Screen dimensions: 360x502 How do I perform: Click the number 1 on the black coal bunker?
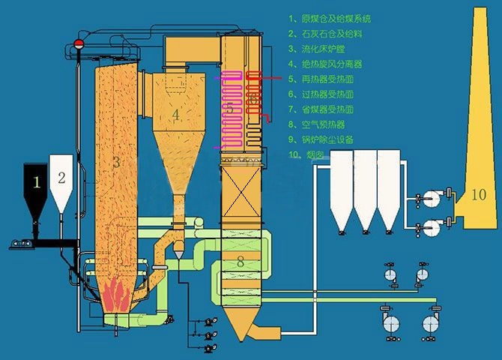coord(35,181)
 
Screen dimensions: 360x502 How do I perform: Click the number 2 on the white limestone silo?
coord(62,178)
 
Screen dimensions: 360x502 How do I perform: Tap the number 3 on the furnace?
coord(116,161)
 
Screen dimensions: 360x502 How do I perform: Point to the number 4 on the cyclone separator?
coord(175,115)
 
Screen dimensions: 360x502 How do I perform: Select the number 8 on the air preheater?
coord(240,262)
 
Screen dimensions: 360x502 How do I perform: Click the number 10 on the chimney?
coord(480,195)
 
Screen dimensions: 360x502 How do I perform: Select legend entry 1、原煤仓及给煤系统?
coord(330,18)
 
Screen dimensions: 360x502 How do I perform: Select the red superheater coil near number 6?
coord(255,97)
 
